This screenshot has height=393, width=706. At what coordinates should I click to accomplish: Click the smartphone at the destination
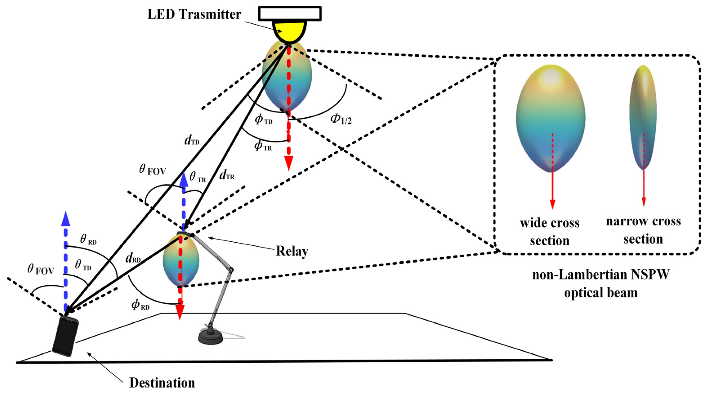tap(65, 336)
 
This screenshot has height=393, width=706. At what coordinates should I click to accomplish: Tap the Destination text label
tap(162, 383)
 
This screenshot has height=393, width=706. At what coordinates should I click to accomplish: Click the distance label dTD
tap(192, 140)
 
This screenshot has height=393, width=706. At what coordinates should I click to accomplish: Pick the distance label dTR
tap(227, 175)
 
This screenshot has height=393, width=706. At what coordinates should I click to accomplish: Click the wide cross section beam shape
tap(550, 118)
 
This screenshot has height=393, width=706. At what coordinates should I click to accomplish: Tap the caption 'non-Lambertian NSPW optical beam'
tap(601, 283)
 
